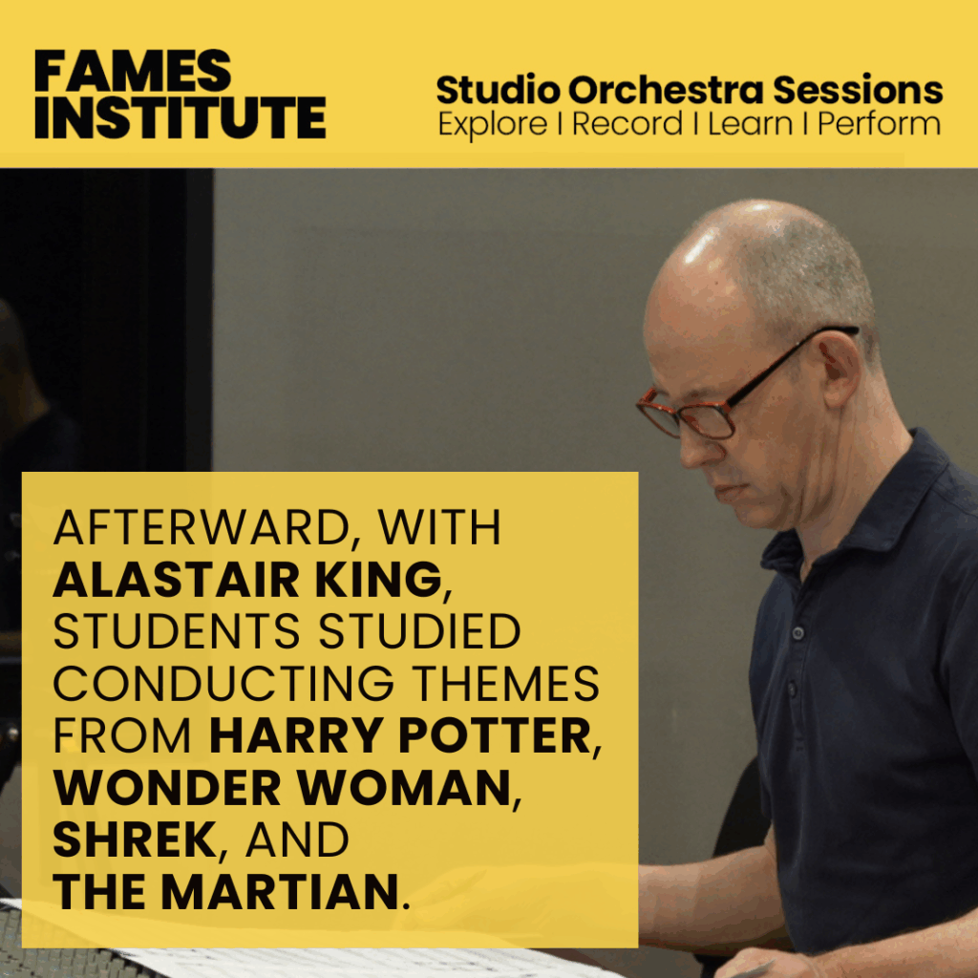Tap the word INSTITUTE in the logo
[x=181, y=117]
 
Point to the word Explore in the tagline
[x=493, y=123]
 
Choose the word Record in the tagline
[x=627, y=123]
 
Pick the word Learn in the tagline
[x=750, y=123]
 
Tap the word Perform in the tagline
[x=879, y=123]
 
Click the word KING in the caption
[x=378, y=580]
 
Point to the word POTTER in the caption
[x=495, y=735]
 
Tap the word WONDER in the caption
[x=167, y=788]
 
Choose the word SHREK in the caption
[x=135, y=840]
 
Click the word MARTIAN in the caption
[x=280, y=892]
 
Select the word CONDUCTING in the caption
[x=223, y=684]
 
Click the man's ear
[x=840, y=367]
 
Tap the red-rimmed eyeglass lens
[x=707, y=419]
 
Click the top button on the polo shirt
[x=797, y=633]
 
